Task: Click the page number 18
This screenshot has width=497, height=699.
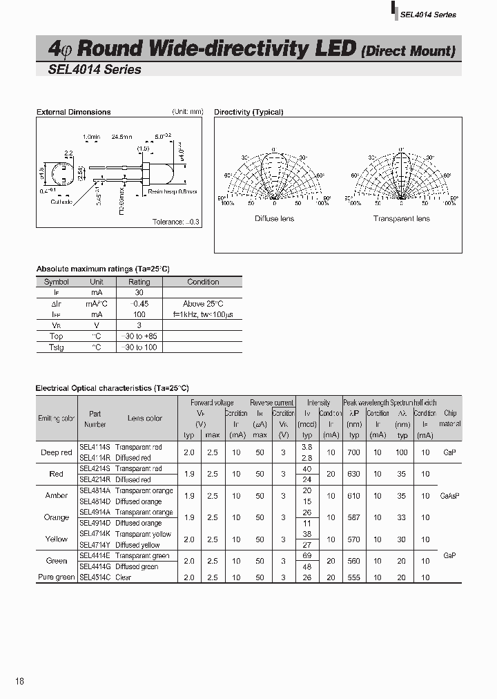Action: [19, 681]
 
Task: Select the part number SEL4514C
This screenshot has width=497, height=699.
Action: [95, 577]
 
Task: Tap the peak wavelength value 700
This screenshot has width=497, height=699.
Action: [354, 452]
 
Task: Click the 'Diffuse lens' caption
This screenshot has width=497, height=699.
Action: [274, 219]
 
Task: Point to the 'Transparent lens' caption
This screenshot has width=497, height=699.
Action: [401, 219]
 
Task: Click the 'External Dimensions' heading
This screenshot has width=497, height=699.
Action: [73, 112]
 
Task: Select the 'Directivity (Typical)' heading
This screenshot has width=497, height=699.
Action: [248, 112]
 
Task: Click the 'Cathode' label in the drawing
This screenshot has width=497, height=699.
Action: [61, 202]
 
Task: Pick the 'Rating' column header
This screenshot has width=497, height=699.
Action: [139, 282]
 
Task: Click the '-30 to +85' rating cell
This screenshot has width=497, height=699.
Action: [139, 336]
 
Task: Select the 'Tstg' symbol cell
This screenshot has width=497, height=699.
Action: [56, 347]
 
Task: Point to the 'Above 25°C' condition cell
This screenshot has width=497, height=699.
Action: [203, 304]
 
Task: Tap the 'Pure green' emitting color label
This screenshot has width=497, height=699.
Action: [56, 577]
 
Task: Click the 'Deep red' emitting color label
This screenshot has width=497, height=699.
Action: [56, 452]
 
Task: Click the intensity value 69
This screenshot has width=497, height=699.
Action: [307, 555]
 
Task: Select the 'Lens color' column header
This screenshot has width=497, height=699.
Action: [145, 419]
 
